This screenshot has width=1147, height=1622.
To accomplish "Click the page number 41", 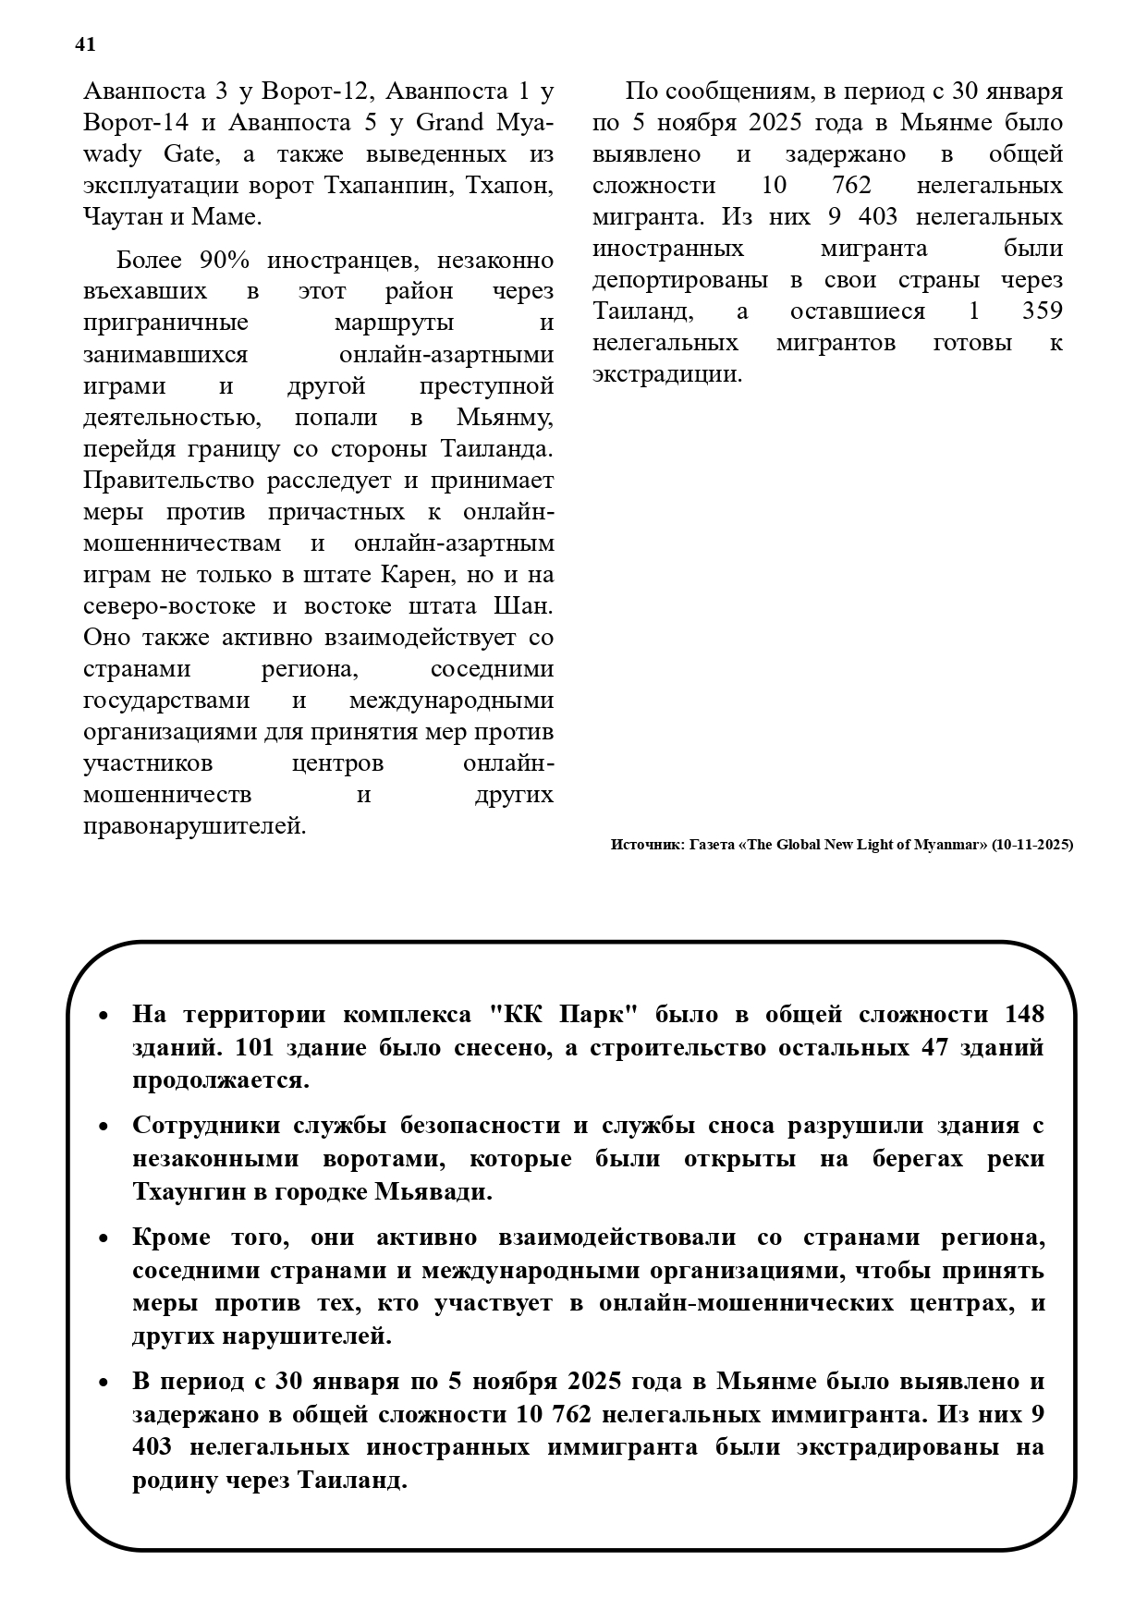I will (85, 44).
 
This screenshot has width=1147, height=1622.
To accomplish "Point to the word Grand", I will (450, 123).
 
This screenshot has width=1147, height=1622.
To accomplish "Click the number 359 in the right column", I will (1043, 311).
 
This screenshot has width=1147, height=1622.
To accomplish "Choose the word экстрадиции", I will (666, 374).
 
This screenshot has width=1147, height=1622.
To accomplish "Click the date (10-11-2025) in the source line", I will (1031, 845).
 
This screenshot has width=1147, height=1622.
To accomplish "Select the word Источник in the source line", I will (645, 845).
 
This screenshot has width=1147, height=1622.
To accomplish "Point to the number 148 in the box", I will (1024, 1015).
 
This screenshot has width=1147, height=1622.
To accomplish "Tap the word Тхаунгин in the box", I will (185, 1192).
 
